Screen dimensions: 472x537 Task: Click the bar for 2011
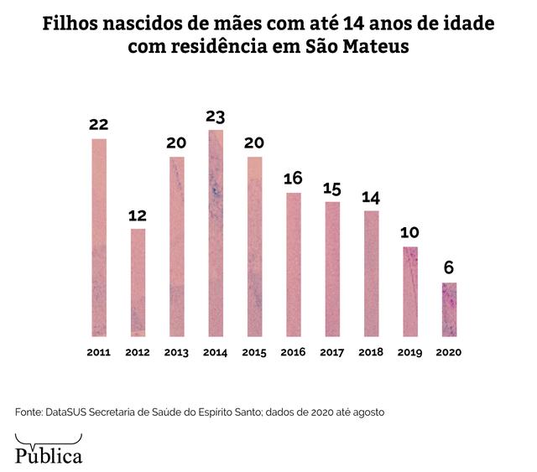99,237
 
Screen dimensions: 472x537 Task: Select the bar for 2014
216,233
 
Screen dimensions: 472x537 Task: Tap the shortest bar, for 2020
449,309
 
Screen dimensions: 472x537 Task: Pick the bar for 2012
138,282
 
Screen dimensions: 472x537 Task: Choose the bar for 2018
371,273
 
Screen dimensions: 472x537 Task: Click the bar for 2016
294,264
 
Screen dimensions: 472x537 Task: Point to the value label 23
216,117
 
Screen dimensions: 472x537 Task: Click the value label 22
99,125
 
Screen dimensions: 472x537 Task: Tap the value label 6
449,268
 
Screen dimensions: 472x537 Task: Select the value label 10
410,232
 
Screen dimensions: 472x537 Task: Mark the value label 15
332,188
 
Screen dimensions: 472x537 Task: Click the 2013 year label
176,353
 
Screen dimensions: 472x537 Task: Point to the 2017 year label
332,353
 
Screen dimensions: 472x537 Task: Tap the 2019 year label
410,353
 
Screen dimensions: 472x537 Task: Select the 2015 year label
254,353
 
